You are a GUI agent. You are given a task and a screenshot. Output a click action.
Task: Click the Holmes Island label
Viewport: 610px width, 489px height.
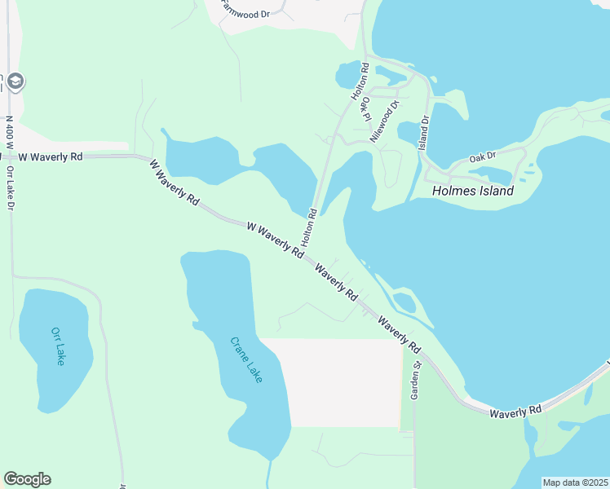(x=473, y=192)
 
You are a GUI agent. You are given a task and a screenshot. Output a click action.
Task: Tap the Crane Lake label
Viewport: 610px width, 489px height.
(x=245, y=360)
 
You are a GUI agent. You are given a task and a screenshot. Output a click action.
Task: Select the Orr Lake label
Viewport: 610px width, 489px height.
(x=57, y=346)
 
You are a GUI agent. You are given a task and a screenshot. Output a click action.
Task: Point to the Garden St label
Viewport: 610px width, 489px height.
(x=414, y=380)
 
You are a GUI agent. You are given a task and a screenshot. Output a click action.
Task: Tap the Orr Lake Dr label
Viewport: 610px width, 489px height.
(x=11, y=189)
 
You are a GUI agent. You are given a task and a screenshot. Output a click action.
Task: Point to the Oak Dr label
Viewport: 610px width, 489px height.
(x=483, y=158)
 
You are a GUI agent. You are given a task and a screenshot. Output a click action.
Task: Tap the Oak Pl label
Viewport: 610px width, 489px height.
(x=368, y=109)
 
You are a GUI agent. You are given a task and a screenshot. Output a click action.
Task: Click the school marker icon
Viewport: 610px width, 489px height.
(x=16, y=81)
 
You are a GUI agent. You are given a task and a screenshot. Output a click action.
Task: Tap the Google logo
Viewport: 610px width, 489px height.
(x=27, y=479)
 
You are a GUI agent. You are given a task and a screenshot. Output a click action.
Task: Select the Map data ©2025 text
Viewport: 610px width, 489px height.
(x=575, y=482)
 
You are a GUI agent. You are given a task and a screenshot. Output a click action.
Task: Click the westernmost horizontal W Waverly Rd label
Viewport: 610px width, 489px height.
(x=51, y=156)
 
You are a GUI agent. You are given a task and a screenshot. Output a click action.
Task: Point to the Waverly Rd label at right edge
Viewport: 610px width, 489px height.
(x=515, y=412)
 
